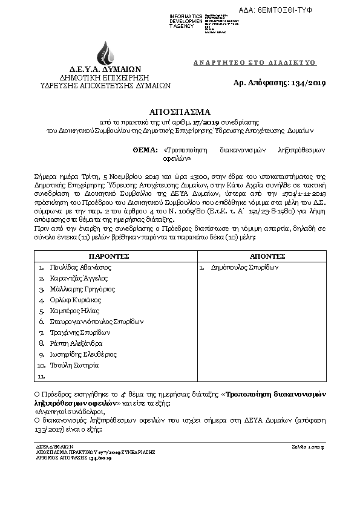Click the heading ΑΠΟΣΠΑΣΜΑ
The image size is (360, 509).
180,112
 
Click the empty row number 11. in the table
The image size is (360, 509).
42,376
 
